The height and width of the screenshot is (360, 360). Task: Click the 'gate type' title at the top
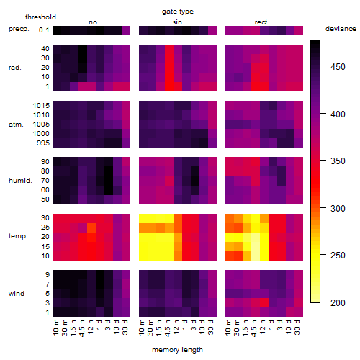coord(178,12)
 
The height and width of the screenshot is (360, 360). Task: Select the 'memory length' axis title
coord(177,350)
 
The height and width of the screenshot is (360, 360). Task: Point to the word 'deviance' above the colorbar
coord(341,29)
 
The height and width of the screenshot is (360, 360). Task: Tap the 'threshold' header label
coord(40,17)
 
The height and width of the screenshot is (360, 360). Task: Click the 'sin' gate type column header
coord(177,22)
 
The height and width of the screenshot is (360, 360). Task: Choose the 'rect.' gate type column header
coord(262,22)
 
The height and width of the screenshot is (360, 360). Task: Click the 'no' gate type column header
coord(93,22)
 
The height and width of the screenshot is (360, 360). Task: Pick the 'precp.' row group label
coord(19,29)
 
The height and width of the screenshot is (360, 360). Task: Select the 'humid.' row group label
coord(20,181)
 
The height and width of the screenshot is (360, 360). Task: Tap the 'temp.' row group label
coord(18,236)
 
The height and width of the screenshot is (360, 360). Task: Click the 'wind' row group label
coord(17,294)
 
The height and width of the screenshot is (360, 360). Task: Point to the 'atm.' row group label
coord(16,125)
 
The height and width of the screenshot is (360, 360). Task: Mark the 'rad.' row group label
coord(15,68)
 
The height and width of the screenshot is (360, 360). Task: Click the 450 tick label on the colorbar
coord(338,67)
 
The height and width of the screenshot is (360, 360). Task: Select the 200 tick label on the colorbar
coord(338,303)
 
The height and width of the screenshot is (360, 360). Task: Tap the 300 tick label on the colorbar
coord(338,208)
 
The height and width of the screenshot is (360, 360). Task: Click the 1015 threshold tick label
coord(41,105)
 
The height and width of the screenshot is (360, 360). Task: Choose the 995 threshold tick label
coord(43,143)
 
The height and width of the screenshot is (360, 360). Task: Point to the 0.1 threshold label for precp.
coord(44,30)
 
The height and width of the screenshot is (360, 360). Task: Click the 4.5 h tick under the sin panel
coord(168,328)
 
